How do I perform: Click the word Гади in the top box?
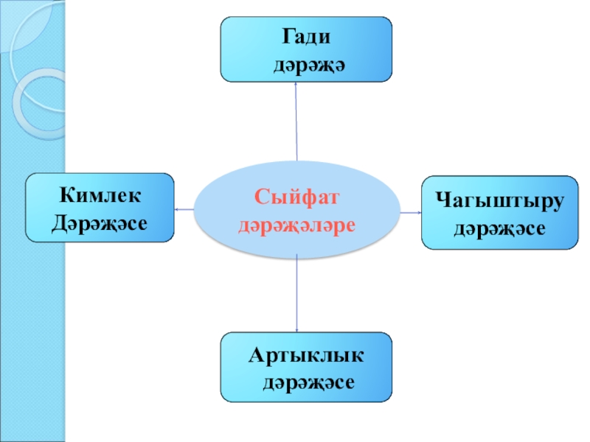(305, 36)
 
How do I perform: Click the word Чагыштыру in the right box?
(499, 199)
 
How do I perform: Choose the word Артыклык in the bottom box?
(306, 355)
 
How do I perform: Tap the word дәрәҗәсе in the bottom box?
(310, 383)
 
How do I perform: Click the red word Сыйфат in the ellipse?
(296, 197)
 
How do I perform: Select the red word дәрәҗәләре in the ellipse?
(296, 222)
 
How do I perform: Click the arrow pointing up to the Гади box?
(296, 122)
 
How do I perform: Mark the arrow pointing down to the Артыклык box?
(296, 295)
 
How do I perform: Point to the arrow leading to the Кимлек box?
(185, 210)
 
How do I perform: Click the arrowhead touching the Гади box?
(295, 83)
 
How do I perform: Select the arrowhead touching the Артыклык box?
(296, 329)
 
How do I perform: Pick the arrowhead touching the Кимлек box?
(177, 210)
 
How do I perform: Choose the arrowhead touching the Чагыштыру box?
(418, 213)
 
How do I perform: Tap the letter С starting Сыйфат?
(262, 197)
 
